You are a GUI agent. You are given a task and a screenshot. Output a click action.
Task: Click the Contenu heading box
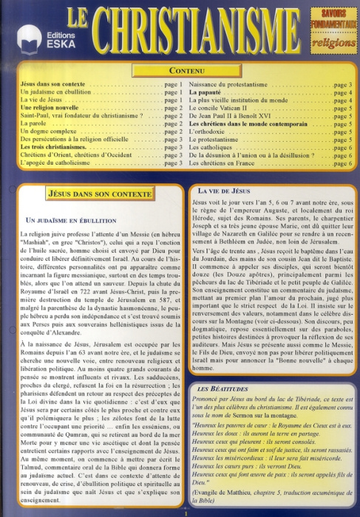180,70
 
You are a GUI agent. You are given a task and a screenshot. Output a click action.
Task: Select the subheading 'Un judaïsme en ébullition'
72,220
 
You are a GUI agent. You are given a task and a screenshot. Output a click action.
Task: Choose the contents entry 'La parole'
34,124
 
